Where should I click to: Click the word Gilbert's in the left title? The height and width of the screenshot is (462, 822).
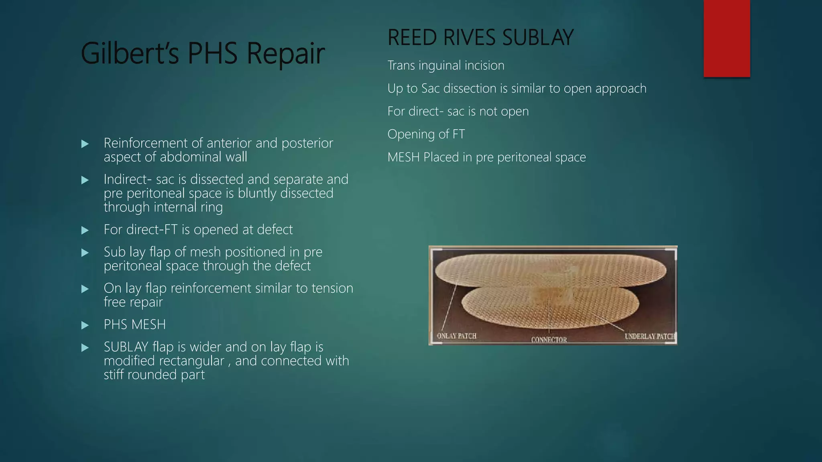[129, 53]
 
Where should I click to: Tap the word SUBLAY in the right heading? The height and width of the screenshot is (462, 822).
[537, 38]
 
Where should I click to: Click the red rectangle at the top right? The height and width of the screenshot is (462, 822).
[726, 38]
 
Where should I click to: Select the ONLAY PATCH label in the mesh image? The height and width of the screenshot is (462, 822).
[456, 336]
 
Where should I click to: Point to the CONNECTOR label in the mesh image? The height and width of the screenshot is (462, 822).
[549, 340]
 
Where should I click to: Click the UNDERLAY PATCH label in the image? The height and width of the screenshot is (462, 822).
[650, 336]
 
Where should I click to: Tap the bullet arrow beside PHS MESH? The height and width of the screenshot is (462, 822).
[85, 325]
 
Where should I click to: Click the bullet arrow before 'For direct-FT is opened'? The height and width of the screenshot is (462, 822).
[85, 230]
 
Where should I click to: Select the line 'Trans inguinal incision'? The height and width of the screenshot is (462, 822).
[446, 65]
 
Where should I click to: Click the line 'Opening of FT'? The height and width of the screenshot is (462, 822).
[426, 134]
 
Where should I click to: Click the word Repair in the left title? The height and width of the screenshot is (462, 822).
[285, 53]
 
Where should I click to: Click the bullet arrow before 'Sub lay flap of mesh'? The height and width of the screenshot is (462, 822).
[85, 253]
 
